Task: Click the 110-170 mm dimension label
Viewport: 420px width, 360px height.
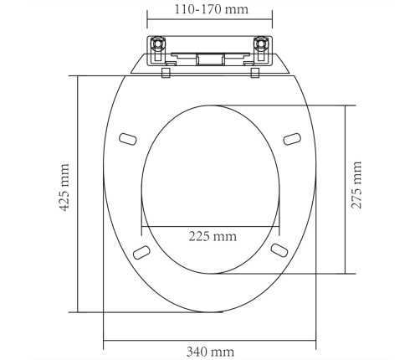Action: point(212,9)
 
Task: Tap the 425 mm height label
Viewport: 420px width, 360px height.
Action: point(64,188)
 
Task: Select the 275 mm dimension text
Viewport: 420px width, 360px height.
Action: point(356,185)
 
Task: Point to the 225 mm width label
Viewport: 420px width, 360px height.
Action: point(213,236)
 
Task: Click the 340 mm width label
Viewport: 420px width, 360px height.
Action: point(210,352)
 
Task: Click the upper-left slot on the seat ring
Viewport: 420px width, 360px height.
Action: point(128,139)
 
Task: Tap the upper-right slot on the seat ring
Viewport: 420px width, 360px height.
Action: point(292,139)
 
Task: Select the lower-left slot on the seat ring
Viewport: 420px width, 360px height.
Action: point(141,252)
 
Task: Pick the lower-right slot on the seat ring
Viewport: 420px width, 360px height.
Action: point(279,250)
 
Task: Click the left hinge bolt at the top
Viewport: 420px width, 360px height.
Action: point(158,44)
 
